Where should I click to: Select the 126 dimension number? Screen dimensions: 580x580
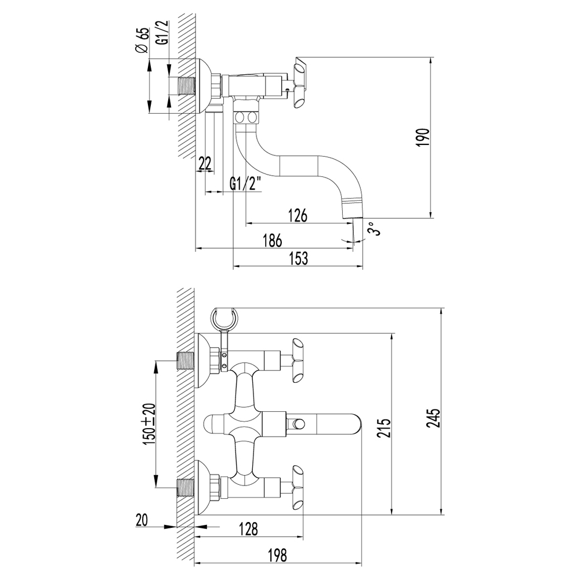[x=297, y=215]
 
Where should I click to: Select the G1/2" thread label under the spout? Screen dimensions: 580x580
[x=246, y=184]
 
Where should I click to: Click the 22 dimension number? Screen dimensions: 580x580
[x=205, y=164]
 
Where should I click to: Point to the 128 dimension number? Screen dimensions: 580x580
[x=248, y=529]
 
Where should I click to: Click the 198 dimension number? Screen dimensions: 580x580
[x=278, y=556]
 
